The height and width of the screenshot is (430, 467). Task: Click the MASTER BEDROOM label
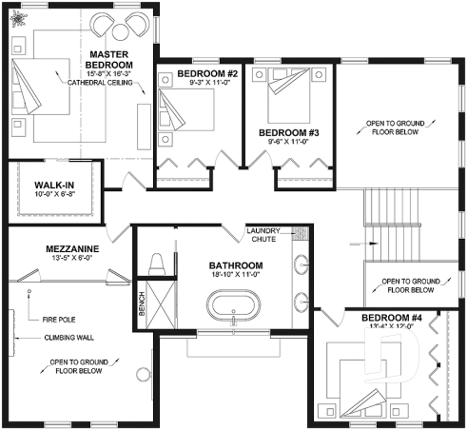[x=109, y=58]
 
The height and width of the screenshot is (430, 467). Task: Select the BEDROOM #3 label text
[x=287, y=131]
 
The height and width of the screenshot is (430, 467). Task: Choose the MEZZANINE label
[x=73, y=249]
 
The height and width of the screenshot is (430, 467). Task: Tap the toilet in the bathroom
[x=157, y=263]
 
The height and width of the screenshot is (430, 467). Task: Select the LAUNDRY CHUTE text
[x=263, y=235]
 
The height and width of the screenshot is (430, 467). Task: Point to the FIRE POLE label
[x=59, y=319]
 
